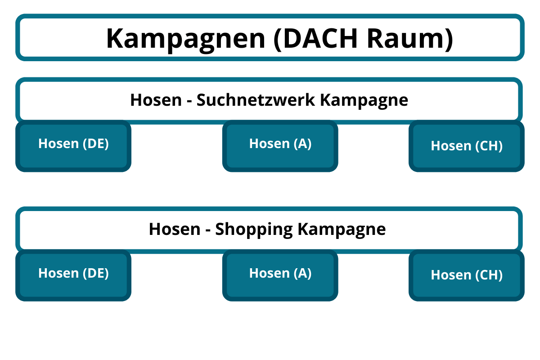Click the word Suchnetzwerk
pyautogui.click(x=256, y=100)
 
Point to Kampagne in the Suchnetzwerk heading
pyautogui.click(x=364, y=100)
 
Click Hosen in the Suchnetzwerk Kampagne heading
pyautogui.click(x=155, y=100)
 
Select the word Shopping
pyautogui.click(x=254, y=229)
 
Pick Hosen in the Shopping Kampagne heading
pyautogui.click(x=174, y=229)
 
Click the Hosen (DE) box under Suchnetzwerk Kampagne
pyautogui.click(x=73, y=146)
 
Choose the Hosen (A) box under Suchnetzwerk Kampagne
pyautogui.click(x=280, y=146)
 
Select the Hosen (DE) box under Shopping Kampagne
pyautogui.click(x=73, y=275)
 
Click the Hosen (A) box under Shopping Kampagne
pyautogui.click(x=280, y=275)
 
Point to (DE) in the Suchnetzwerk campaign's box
pyautogui.click(x=95, y=144)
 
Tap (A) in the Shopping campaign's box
pyautogui.click(x=302, y=273)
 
